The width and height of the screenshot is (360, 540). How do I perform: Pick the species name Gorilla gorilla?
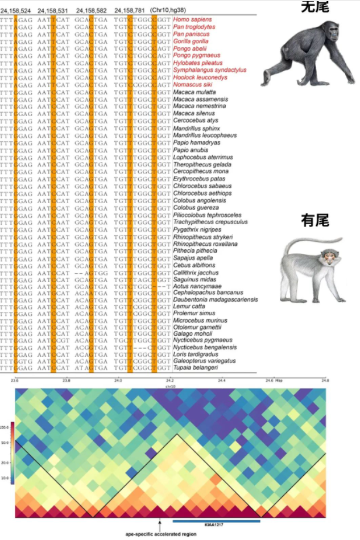tap(191, 42)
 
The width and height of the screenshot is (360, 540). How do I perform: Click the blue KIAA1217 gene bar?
tap(216, 520)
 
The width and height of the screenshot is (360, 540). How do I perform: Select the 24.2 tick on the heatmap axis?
tap(170, 380)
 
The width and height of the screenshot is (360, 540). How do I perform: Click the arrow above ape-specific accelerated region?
tap(160, 525)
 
